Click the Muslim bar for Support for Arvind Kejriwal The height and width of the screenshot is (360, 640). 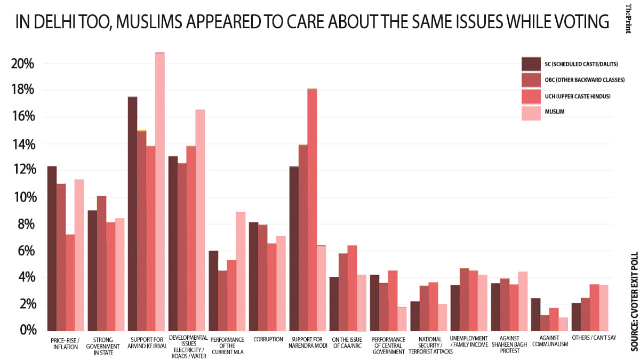(159, 192)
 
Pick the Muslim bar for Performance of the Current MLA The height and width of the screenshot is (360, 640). (241, 271)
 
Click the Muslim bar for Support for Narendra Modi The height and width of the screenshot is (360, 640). (321, 288)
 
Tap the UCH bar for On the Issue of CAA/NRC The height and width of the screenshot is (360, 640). (352, 288)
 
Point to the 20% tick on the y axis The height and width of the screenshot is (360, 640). (22, 64)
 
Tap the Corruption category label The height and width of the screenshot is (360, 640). (268, 340)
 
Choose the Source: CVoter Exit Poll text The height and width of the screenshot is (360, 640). (634, 302)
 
